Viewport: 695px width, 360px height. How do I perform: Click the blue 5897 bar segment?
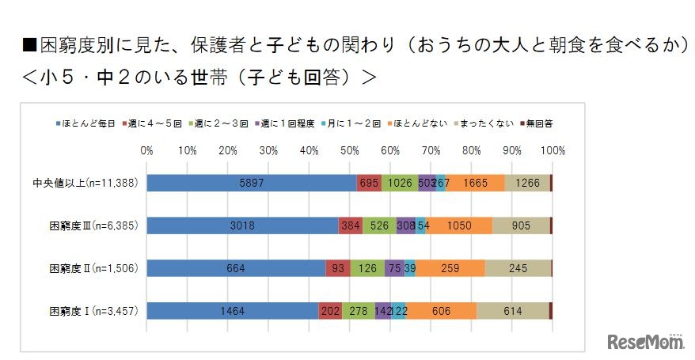[x=252, y=183]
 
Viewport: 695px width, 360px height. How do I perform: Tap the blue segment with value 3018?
[x=242, y=225]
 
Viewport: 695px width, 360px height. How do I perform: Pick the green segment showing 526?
[x=379, y=225]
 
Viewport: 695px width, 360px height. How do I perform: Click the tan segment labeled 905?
[x=521, y=225]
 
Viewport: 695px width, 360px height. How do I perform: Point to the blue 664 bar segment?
[x=236, y=268]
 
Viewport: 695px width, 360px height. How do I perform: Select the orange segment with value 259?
[x=450, y=268]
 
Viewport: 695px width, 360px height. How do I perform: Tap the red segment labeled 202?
[x=330, y=311]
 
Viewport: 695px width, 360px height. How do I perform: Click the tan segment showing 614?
[x=512, y=311]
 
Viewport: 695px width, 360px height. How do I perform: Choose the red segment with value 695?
[x=369, y=183]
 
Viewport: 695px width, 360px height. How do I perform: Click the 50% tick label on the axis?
[x=349, y=150]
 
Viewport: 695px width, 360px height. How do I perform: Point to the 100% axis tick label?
[x=553, y=150]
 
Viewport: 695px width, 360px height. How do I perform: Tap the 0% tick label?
[x=147, y=150]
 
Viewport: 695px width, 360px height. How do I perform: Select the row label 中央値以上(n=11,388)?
[x=93, y=183]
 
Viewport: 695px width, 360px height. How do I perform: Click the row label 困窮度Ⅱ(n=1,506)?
[x=93, y=268]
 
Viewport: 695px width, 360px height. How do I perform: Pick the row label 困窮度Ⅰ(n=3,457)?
[x=93, y=311]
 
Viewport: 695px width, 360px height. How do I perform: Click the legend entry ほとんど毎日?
[x=90, y=123]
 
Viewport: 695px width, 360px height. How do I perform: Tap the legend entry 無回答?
[x=539, y=123]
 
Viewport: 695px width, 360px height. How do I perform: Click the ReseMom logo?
[x=645, y=341]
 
